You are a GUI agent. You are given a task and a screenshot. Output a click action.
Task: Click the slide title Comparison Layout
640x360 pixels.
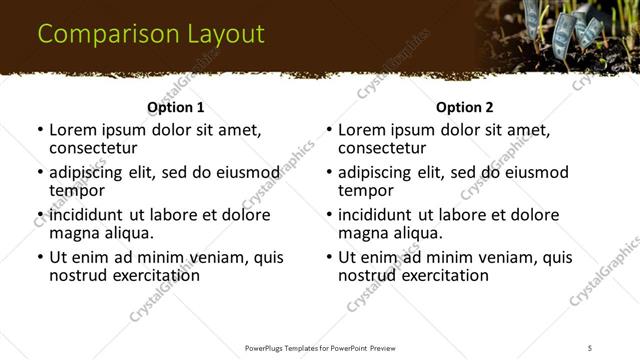151,34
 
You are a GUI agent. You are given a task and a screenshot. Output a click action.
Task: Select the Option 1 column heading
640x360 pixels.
175,107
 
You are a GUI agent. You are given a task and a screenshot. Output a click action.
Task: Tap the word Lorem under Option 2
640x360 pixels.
362,130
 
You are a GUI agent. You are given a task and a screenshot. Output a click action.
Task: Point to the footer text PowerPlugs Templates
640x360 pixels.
290,347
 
